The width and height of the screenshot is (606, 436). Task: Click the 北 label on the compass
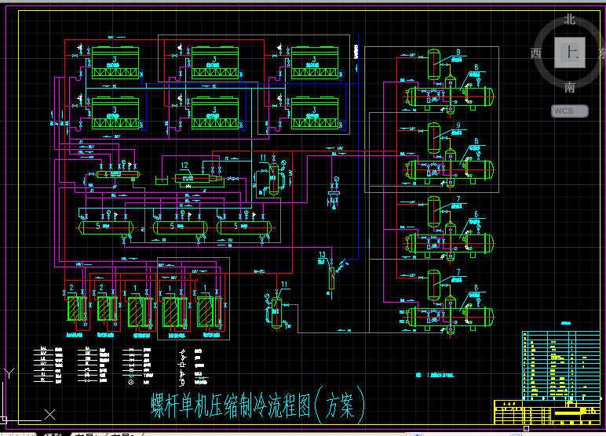pyautogui.click(x=570, y=19)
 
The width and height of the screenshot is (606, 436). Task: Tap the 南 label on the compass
pyautogui.click(x=570, y=87)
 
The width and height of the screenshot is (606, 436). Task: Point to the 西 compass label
pyautogui.click(x=536, y=53)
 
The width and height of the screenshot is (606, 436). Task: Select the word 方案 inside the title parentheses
pyautogui.click(x=341, y=405)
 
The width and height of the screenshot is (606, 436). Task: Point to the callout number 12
pyautogui.click(x=184, y=165)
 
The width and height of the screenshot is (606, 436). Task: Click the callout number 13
pyautogui.click(x=323, y=254)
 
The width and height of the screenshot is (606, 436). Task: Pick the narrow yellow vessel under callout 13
pyautogui.click(x=330, y=277)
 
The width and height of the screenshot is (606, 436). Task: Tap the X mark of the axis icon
pyautogui.click(x=49, y=413)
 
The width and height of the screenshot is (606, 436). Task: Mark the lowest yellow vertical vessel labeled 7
pyautogui.click(x=433, y=284)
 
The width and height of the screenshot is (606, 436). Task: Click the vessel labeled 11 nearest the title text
pyautogui.click(x=277, y=312)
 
